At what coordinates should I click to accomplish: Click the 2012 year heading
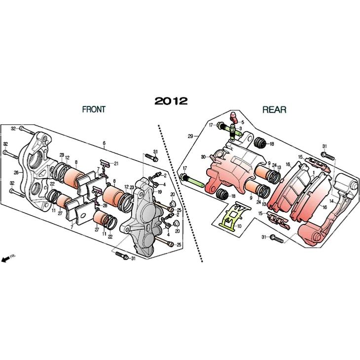click(171, 101)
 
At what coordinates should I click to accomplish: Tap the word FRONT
click(94, 109)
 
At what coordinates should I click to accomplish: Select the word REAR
click(274, 110)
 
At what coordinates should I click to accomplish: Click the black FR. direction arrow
click(5, 259)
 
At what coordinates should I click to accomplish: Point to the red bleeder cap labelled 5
click(234, 116)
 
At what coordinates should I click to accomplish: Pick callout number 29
click(190, 136)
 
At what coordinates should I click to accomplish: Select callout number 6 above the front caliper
click(104, 144)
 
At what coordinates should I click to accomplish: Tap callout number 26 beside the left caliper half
click(16, 172)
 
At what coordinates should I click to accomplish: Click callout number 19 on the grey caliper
click(160, 192)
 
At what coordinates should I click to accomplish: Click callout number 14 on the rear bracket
click(331, 201)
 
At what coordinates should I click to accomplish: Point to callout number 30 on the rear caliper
click(203, 157)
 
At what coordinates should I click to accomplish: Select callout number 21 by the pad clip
click(116, 163)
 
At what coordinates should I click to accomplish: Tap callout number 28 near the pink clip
click(105, 206)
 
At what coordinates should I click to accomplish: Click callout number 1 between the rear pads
click(314, 172)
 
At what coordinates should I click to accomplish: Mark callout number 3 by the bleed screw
click(240, 128)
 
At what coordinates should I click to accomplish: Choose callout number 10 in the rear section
click(239, 226)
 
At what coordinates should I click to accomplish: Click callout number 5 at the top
click(243, 122)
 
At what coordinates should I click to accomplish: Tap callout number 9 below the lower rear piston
click(251, 198)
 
